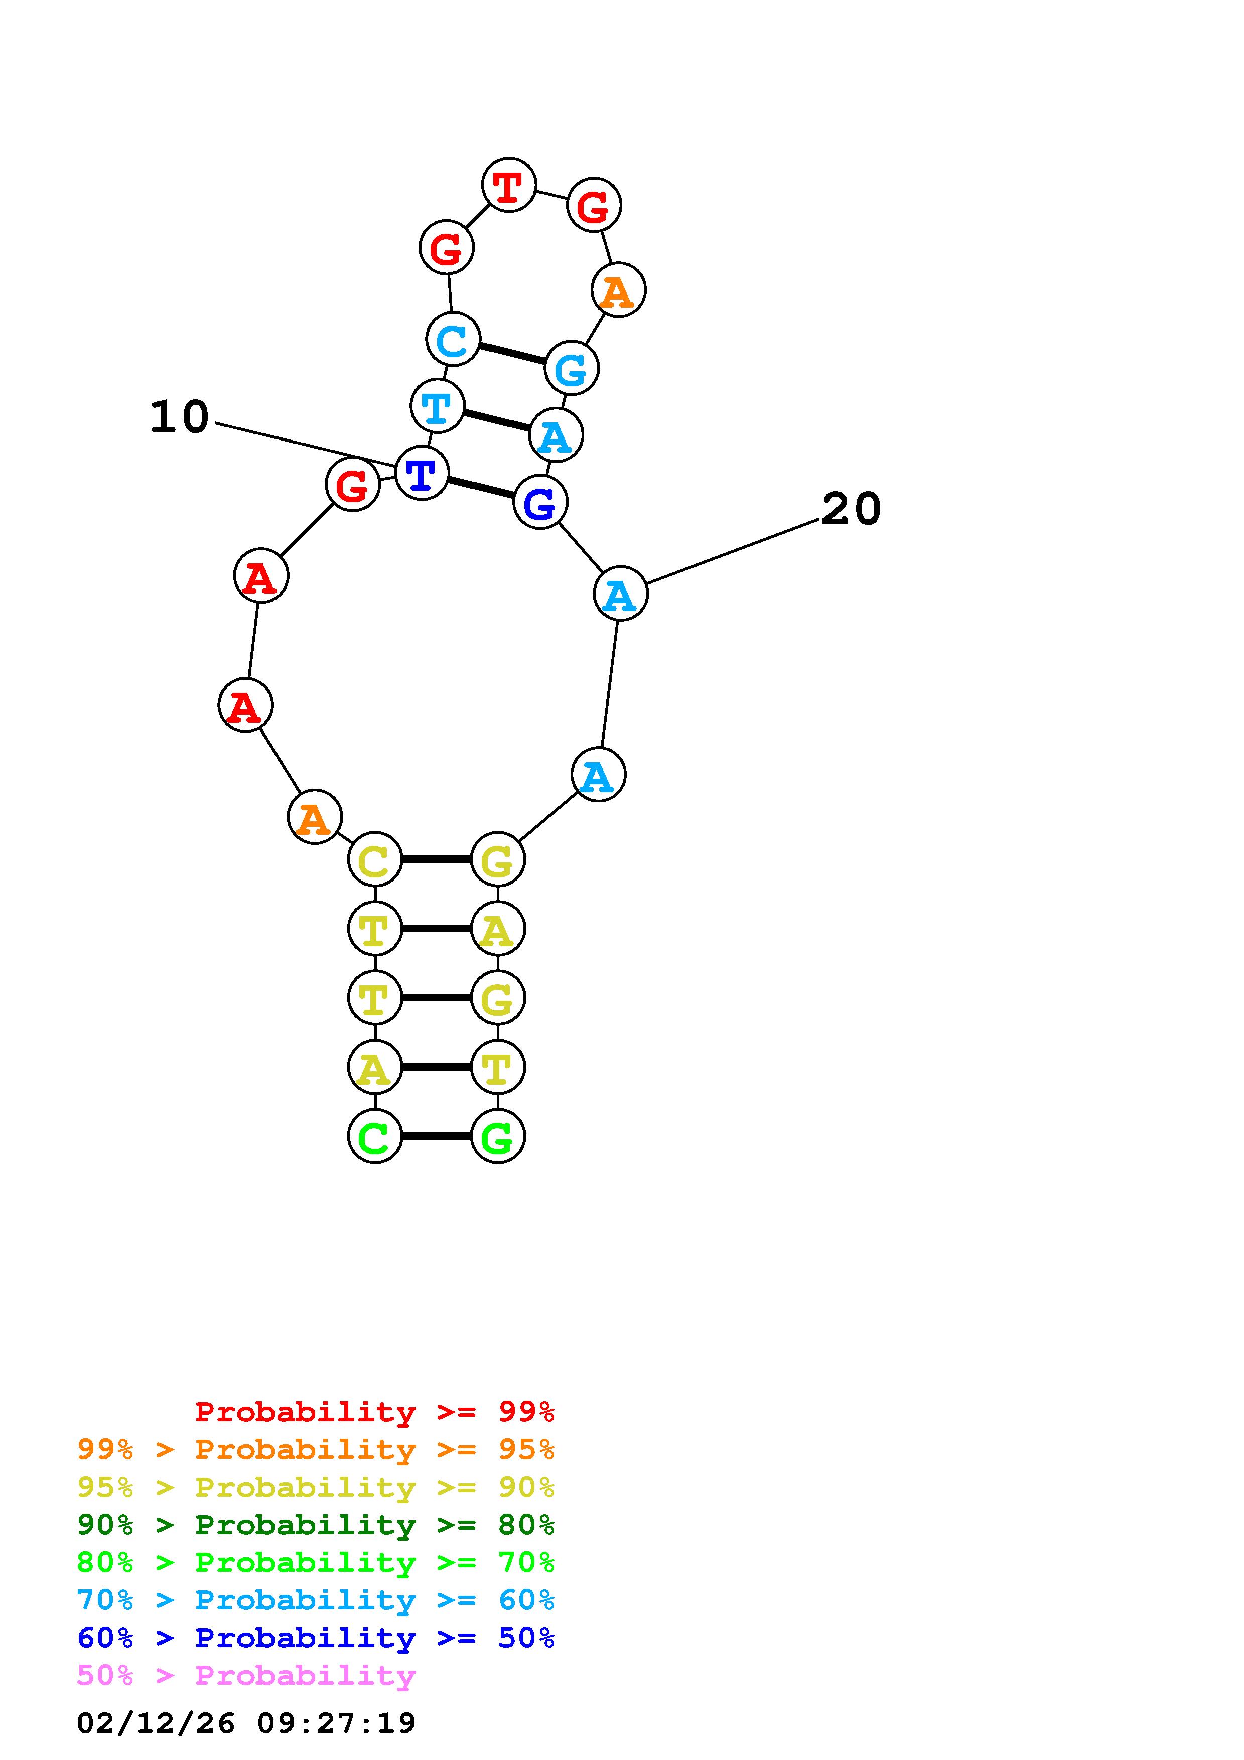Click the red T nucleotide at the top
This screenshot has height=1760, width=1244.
pyautogui.click(x=508, y=185)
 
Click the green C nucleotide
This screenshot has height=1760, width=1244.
pyautogui.click(x=375, y=1136)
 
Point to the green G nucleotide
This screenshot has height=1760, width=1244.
pyautogui.click(x=497, y=1136)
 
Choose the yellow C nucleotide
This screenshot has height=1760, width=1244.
pyautogui.click(x=375, y=859)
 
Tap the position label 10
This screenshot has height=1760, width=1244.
pyautogui.click(x=179, y=418)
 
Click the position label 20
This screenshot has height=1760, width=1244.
pyautogui.click(x=851, y=509)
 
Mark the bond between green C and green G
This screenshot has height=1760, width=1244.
pyautogui.click(x=436, y=1136)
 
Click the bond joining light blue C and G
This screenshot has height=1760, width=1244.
pyautogui.click(x=512, y=353)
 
